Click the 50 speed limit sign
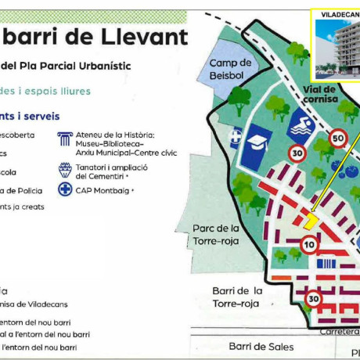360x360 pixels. [338, 139]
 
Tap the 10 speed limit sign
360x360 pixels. [309, 246]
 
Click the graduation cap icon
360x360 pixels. [257, 142]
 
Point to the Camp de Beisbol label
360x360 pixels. [231, 68]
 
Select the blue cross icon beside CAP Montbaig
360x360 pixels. [65, 189]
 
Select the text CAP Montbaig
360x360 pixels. [103, 189]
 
